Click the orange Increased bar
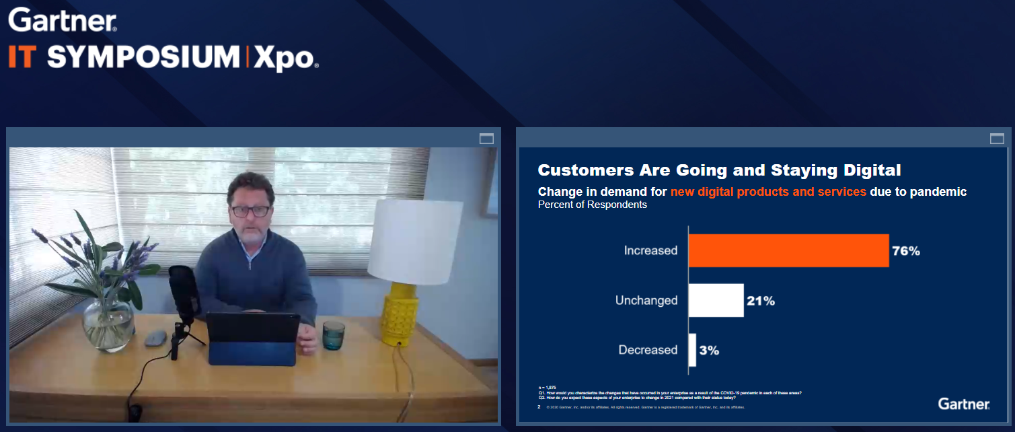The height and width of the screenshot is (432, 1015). coord(788,250)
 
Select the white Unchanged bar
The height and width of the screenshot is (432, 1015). coord(716,300)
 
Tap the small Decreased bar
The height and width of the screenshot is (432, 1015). coord(692,350)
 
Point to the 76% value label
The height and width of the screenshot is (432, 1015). coord(905,251)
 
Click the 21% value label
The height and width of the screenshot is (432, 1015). coord(760,301)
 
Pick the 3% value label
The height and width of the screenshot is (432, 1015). coord(709,351)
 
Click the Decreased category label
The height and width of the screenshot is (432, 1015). coord(648,350)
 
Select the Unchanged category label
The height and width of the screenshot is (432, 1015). coord(646,300)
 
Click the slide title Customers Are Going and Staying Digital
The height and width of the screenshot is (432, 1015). coord(719,170)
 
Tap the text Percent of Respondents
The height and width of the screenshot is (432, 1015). coord(592,205)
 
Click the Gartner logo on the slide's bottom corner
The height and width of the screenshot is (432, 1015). coord(963,404)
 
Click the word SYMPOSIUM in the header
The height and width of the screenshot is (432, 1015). coord(143,58)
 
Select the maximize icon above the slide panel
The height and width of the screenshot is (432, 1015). coord(997,139)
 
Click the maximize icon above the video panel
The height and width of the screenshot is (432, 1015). coord(486,139)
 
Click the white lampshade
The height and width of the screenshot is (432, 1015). coord(414,242)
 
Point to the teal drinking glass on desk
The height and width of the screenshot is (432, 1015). coord(333,335)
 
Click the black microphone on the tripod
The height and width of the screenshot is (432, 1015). coord(182,289)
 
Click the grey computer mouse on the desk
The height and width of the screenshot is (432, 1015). coord(155,338)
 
